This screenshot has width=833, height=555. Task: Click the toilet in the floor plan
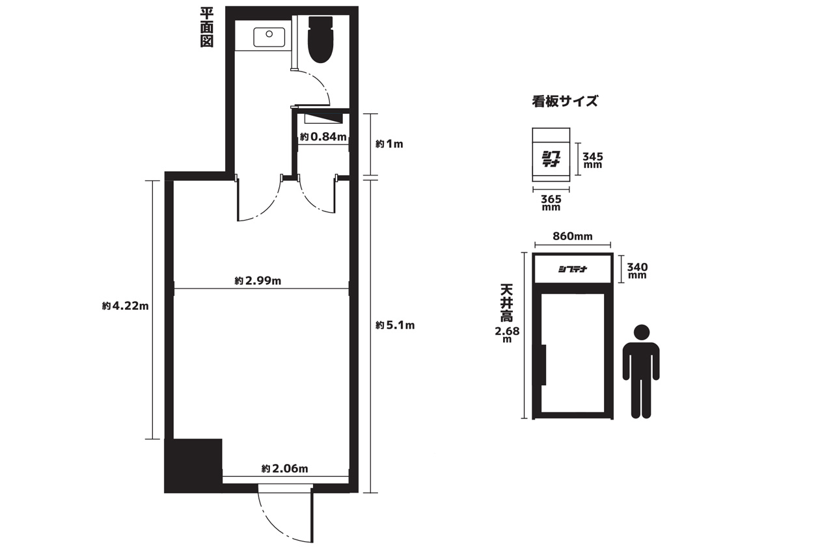320,40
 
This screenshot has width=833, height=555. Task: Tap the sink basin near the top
269,37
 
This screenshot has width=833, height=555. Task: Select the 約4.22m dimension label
126,306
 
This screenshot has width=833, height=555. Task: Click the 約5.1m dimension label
395,325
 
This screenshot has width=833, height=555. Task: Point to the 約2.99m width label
258,280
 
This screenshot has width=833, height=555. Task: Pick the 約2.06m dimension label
284,468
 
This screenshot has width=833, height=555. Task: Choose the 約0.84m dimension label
323,137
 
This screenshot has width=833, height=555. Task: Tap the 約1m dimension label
389,144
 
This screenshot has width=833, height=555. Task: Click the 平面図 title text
207,28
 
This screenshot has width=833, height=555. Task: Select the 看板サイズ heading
565,101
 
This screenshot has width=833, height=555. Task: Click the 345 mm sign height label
593,160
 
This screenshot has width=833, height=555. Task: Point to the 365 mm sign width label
551,203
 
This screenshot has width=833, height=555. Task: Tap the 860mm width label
573,236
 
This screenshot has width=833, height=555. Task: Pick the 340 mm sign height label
637,271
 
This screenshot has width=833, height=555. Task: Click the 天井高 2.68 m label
507,313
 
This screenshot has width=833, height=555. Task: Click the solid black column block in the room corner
193,465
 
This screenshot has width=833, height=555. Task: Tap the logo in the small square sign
551,159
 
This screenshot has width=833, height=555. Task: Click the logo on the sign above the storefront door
573,269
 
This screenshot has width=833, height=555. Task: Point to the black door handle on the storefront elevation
543,364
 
